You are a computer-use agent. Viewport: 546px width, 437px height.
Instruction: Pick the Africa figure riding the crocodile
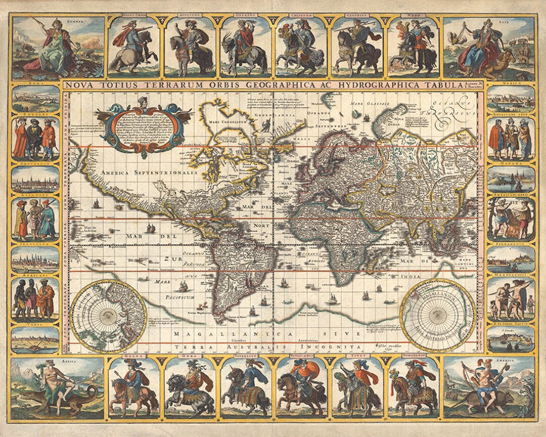point(58,387)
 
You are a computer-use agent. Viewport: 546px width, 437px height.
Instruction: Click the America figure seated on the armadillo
point(488,387)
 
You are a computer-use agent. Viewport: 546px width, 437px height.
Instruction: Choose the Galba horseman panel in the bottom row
point(133,387)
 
